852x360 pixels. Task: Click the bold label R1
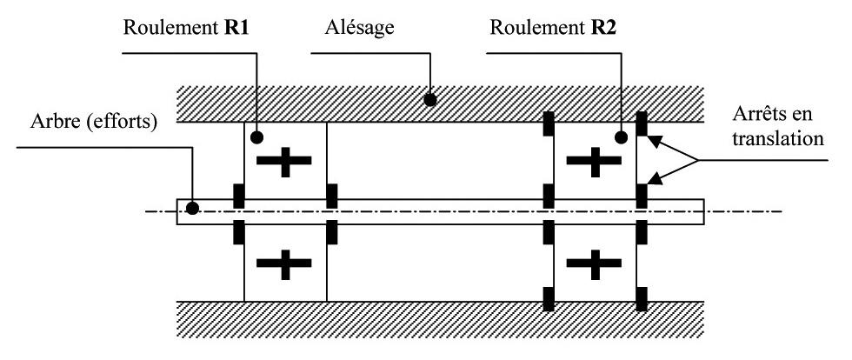(x=236, y=28)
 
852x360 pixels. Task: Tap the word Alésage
(x=359, y=29)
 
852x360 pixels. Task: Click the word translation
(x=777, y=138)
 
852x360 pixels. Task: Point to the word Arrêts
(x=757, y=116)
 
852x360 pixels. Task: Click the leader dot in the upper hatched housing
(x=430, y=100)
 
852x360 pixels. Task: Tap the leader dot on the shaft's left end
(x=192, y=208)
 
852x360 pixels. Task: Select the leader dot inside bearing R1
(x=257, y=137)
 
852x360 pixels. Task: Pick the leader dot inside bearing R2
(x=622, y=137)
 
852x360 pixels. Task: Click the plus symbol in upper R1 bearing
(x=283, y=160)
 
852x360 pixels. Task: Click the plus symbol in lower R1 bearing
(x=283, y=263)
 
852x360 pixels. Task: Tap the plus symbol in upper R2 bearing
(x=594, y=160)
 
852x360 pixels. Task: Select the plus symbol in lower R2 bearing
(x=594, y=263)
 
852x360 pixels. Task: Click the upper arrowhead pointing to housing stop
(x=655, y=142)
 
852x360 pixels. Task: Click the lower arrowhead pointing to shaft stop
(x=655, y=177)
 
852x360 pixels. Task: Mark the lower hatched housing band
(x=440, y=319)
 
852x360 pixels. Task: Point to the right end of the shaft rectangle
(x=704, y=211)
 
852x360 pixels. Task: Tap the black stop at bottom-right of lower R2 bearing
(x=642, y=298)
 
